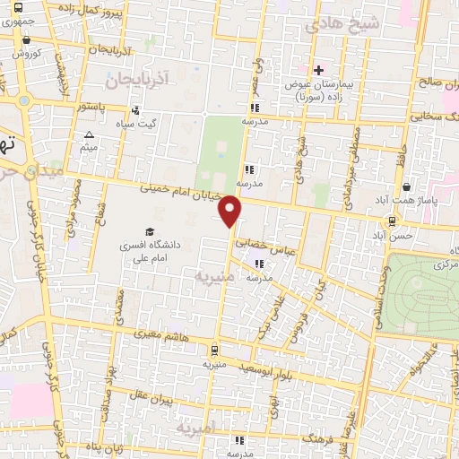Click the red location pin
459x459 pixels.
point(232,212)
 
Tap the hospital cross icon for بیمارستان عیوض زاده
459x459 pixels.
point(318,70)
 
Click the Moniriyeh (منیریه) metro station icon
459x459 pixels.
point(214,350)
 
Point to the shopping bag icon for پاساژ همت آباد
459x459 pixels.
point(407,187)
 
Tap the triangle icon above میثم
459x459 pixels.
point(88,135)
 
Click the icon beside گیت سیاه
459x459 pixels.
point(135,111)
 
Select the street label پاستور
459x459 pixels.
point(95,107)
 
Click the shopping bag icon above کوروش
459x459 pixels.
point(27,39)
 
